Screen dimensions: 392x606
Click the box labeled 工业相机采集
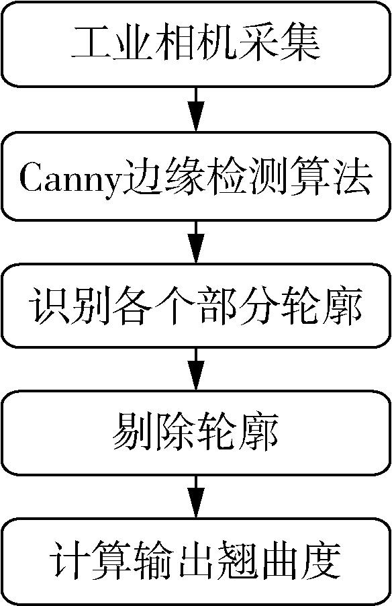(x=196, y=44)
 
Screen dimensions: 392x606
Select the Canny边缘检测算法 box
(x=196, y=176)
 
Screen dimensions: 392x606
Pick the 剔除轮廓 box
(x=196, y=433)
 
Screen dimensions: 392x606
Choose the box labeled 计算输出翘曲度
(x=196, y=561)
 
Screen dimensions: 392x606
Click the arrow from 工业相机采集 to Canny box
(x=196, y=110)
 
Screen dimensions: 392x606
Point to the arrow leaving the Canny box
(x=196, y=242)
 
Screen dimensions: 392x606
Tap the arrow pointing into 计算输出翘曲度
(x=196, y=497)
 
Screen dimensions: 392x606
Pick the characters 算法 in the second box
(x=330, y=179)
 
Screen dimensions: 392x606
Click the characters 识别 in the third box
(x=71, y=306)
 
